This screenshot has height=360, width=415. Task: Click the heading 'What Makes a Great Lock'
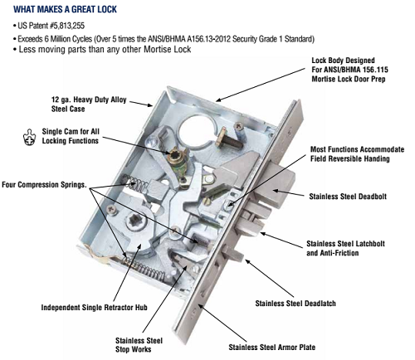pyautogui.click(x=65, y=9)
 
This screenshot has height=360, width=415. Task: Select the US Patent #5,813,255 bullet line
pyautogui.click(x=50, y=29)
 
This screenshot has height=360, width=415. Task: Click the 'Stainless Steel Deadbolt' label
pyautogui.click(x=363, y=196)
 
